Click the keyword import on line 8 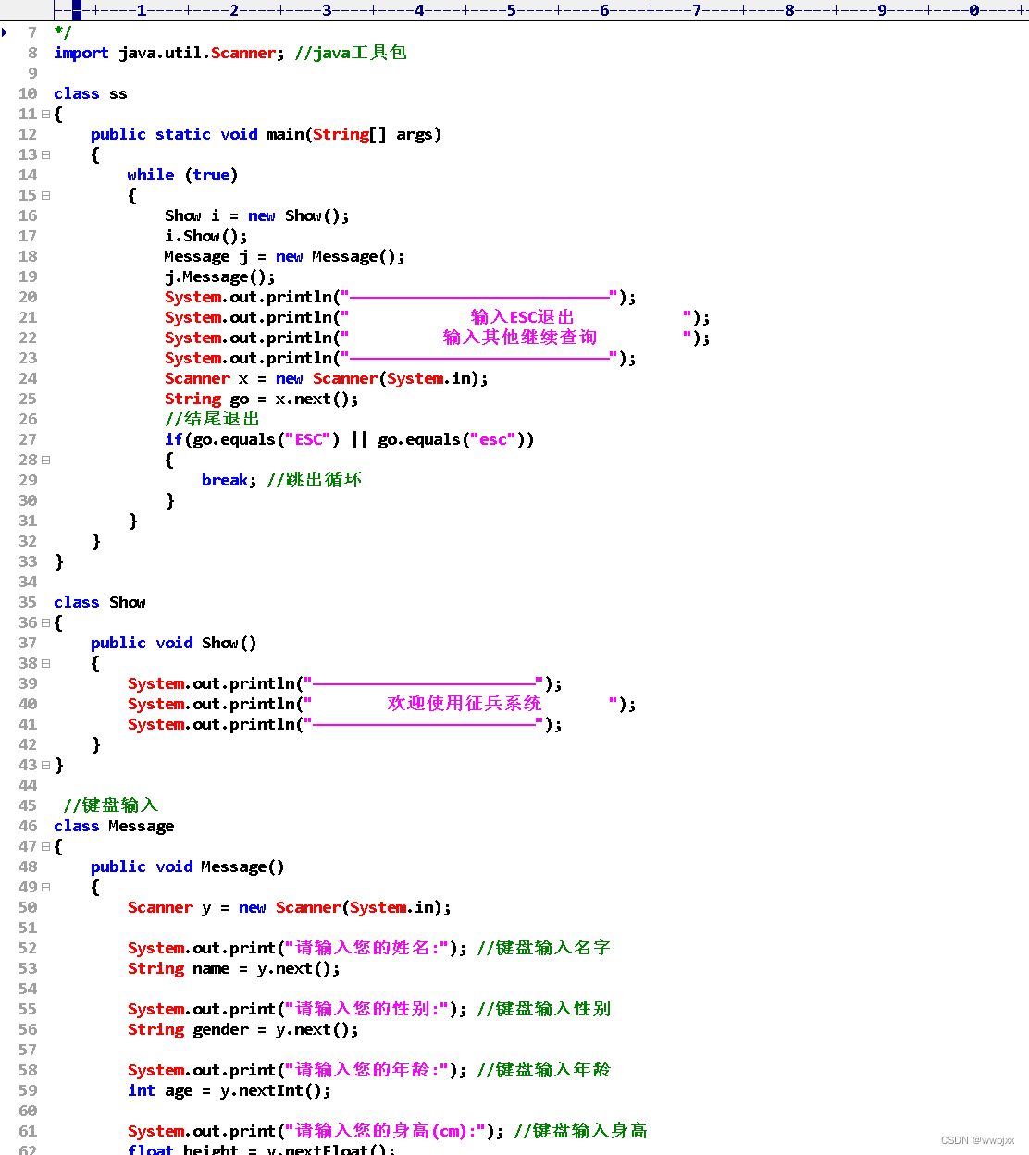click(81, 53)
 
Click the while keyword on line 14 click(150, 175)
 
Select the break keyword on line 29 click(225, 480)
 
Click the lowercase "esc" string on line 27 click(493, 439)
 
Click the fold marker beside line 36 click(45, 622)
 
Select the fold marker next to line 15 click(45, 195)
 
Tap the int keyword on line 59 click(141, 1090)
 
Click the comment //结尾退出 click(212, 419)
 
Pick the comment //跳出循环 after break click(314, 480)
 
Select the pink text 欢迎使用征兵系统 click(464, 704)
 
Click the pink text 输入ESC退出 click(522, 317)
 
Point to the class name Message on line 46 click(141, 826)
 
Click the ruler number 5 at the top click(512, 10)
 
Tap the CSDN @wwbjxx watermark click(977, 1140)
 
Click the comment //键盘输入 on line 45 click(110, 805)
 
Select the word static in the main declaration click(182, 134)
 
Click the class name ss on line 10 click(118, 93)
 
